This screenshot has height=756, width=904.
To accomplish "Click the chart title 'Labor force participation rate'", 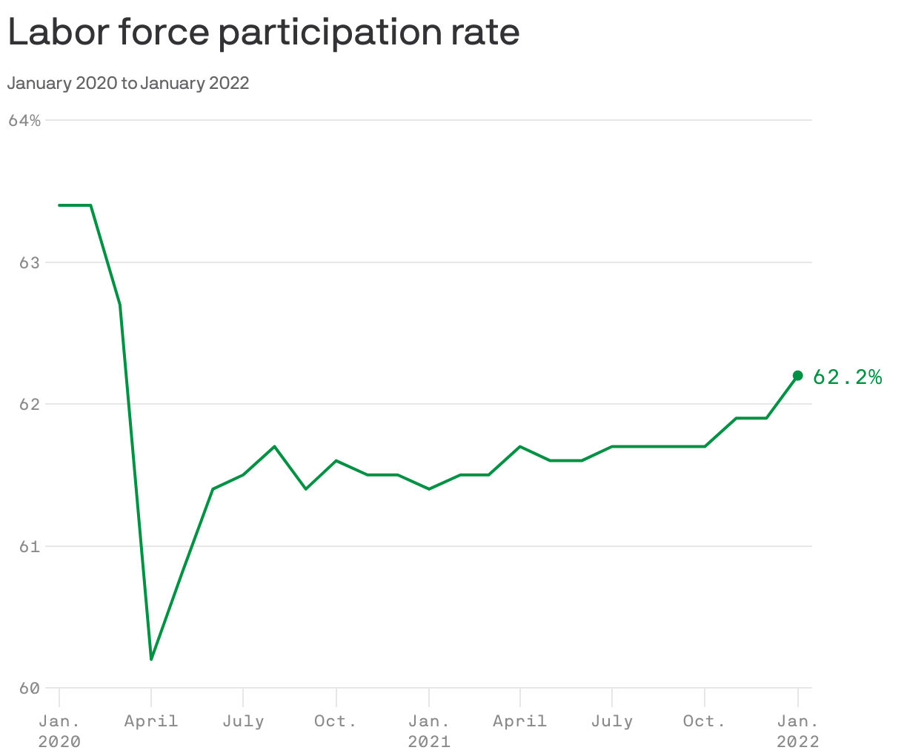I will pyautogui.click(x=264, y=33).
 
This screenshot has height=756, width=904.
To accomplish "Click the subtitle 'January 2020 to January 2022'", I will pyautogui.click(x=128, y=83).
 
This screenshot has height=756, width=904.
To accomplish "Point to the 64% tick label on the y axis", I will pyautogui.click(x=24, y=120).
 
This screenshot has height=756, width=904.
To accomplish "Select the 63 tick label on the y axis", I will pyautogui.click(x=27, y=262).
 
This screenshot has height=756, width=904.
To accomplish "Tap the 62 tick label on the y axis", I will pyautogui.click(x=27, y=405).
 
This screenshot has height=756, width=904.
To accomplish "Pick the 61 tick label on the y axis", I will pyautogui.click(x=27, y=547).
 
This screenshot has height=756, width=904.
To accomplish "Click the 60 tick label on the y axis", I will pyautogui.click(x=27, y=689).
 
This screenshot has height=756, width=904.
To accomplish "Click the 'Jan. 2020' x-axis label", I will pyautogui.click(x=59, y=731).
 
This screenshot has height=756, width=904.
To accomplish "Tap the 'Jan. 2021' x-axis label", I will pyautogui.click(x=429, y=731).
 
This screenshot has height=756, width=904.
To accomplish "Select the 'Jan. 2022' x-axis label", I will pyautogui.click(x=797, y=731).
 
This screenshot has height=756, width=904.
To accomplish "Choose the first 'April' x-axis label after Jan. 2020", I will pyautogui.click(x=151, y=721).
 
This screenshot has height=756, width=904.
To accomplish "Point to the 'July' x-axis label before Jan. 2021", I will pyautogui.click(x=243, y=721).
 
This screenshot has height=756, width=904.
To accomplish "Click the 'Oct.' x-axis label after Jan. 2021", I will pyautogui.click(x=705, y=721).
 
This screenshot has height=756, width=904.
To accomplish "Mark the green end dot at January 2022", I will pyautogui.click(x=797, y=376).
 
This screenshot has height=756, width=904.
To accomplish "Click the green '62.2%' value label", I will pyautogui.click(x=847, y=377).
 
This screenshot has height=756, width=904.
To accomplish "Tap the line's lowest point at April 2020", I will pyautogui.click(x=151, y=659).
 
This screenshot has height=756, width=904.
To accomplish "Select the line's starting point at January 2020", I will pyautogui.click(x=59, y=205).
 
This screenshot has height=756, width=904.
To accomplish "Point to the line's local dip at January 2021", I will pyautogui.click(x=429, y=489).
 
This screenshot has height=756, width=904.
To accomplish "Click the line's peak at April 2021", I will pyautogui.click(x=520, y=446).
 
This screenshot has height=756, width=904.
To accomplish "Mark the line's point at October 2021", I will pyautogui.click(x=705, y=446).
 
